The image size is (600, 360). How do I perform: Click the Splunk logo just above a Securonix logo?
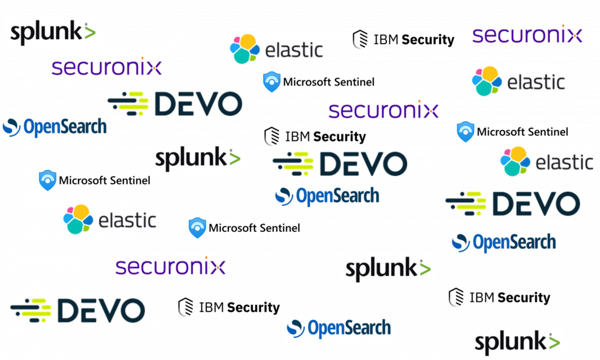click(53, 33)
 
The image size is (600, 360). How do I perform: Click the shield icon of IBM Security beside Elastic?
click(360, 40)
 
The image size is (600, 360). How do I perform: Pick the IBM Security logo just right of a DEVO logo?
click(229, 307)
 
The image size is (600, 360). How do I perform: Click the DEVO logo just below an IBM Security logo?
click(340, 164)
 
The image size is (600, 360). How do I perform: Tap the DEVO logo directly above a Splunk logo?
click(175, 104)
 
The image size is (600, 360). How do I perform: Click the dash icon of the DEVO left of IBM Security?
click(31, 310)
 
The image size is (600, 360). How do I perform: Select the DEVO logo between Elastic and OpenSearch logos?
click(513, 203)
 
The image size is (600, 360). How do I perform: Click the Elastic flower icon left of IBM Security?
click(245, 49)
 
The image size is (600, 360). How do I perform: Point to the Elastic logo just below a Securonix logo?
click(518, 81)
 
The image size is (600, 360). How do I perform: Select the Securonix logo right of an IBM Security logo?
click(527, 35)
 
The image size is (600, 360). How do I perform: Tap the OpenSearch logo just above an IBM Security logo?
click(504, 242)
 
